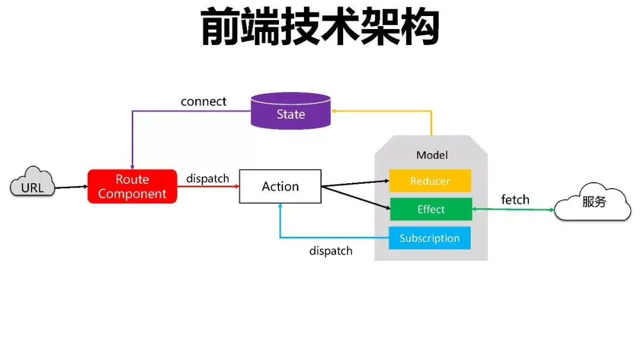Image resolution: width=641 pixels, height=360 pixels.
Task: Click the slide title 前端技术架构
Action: pyautogui.click(x=320, y=27)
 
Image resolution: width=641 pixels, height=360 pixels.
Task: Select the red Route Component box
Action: pyautogui.click(x=132, y=186)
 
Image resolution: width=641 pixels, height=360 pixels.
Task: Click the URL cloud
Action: pyautogui.click(x=33, y=185)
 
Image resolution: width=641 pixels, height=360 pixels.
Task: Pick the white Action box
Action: pyautogui.click(x=280, y=186)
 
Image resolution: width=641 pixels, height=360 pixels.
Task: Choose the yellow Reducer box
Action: pyautogui.click(x=430, y=181)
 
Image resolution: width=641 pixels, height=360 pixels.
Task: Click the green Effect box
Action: pyautogui.click(x=430, y=209)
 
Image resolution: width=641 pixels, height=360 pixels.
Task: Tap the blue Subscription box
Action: pyautogui.click(x=429, y=238)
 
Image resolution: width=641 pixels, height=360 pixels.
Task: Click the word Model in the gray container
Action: pyautogui.click(x=431, y=155)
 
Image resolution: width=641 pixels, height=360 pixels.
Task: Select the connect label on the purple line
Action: pyautogui.click(x=204, y=101)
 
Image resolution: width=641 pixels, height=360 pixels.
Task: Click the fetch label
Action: pyautogui.click(x=515, y=200)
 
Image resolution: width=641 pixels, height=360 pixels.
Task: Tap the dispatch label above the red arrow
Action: pyautogui.click(x=208, y=179)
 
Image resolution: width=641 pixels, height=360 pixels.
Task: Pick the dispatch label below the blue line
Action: pyautogui.click(x=331, y=251)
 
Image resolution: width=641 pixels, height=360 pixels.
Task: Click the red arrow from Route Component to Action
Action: pyautogui.click(x=208, y=186)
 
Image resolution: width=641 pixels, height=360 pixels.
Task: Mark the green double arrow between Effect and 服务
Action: pyautogui.click(x=513, y=209)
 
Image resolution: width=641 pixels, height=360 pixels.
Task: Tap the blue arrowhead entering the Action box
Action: pyautogui.click(x=280, y=208)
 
